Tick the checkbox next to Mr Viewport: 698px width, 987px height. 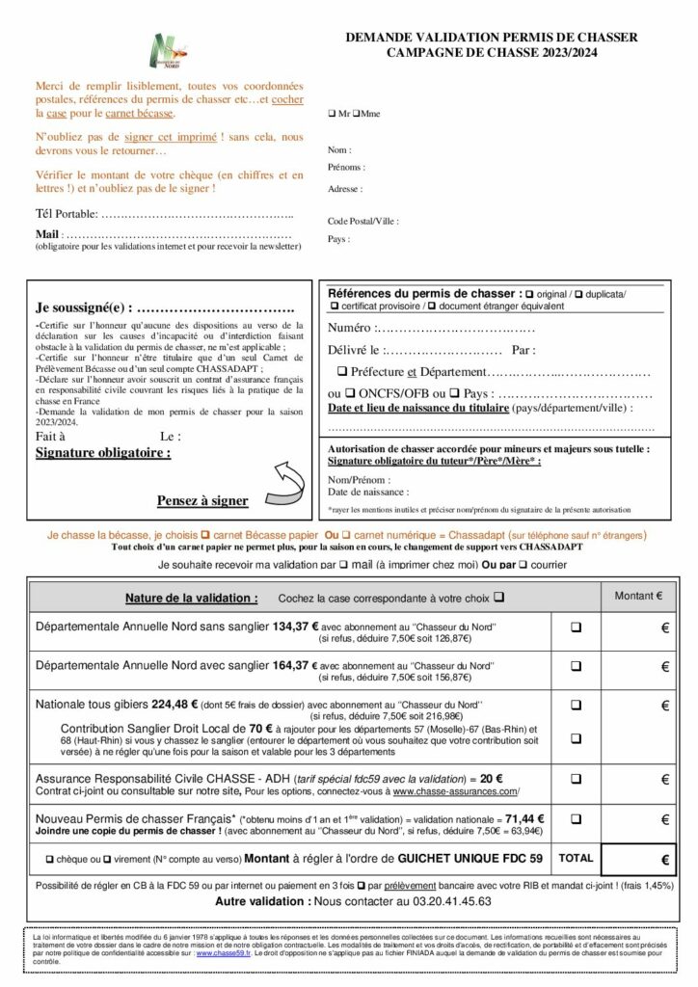332,114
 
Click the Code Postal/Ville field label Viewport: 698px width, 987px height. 362,221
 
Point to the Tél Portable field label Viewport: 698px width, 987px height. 67,213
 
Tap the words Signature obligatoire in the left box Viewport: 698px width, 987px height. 102,451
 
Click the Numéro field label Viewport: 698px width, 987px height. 351,329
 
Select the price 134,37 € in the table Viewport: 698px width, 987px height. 295,627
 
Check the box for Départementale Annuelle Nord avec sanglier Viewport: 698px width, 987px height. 576,665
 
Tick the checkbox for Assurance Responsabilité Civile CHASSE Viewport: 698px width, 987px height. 576,778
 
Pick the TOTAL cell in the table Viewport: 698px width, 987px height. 576,856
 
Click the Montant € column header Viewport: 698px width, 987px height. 638,596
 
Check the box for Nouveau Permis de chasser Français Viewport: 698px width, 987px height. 576,819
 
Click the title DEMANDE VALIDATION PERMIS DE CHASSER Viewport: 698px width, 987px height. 492,37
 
